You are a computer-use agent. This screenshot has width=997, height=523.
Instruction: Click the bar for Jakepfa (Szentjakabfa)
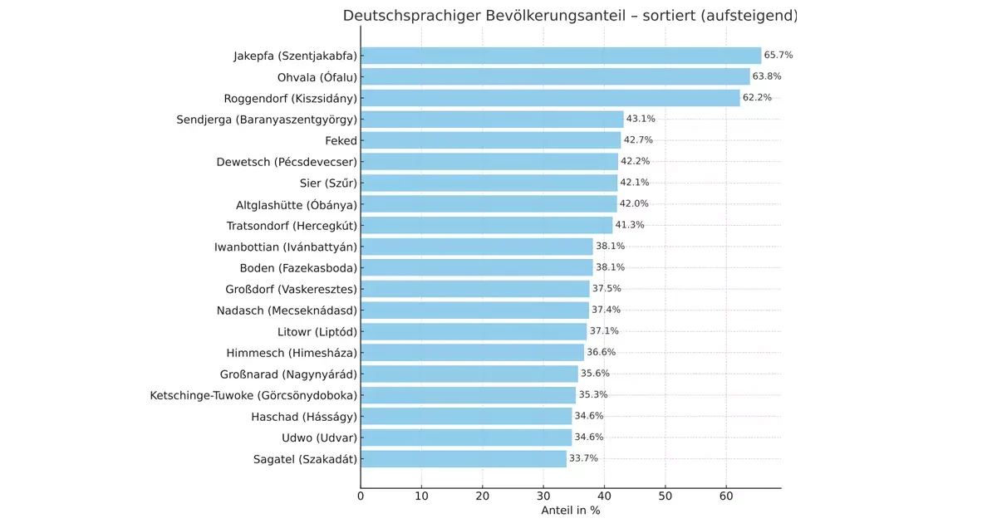tap(561, 56)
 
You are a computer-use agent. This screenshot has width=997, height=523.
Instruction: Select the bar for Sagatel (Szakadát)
tap(464, 458)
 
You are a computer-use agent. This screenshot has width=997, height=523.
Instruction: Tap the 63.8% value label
tap(767, 76)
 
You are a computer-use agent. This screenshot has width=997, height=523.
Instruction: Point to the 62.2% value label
tap(757, 98)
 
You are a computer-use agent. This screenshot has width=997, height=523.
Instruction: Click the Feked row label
tap(341, 140)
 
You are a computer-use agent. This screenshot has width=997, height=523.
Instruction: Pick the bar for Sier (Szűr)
tap(489, 183)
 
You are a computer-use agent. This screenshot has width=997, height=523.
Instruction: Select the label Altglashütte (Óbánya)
tap(297, 204)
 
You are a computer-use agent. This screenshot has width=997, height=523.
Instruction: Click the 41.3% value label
tap(630, 225)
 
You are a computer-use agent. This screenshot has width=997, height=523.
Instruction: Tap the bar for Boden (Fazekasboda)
tap(477, 267)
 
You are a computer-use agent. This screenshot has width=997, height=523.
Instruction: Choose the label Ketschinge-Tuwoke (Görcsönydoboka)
tap(253, 395)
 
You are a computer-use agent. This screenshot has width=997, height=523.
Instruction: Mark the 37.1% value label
tap(604, 331)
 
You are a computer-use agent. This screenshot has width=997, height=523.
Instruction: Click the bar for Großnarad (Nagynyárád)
tap(469, 374)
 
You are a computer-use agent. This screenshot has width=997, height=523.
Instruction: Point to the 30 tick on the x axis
tap(543, 496)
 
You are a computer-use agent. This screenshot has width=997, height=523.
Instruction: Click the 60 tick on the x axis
tap(726, 496)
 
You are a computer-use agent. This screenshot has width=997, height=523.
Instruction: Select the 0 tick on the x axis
tap(361, 496)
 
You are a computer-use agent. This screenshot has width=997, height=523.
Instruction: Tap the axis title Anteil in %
tap(570, 511)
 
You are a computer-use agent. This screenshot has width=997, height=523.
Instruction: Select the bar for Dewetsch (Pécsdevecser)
tap(489, 162)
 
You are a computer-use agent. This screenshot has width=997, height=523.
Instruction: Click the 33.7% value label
tap(583, 458)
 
